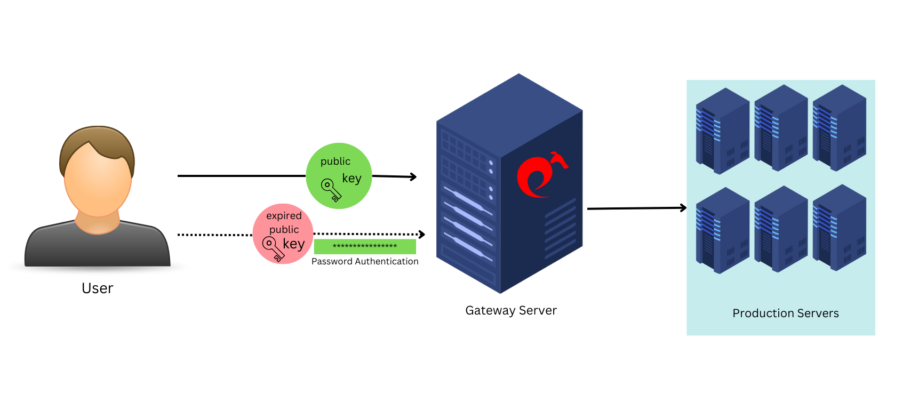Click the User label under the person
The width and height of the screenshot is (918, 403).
pos(97,288)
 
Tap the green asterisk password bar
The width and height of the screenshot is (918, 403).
pos(365,246)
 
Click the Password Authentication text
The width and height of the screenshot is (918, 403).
pos(365,261)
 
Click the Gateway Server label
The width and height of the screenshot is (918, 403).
pos(511,310)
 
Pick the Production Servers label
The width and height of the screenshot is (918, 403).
pos(785,313)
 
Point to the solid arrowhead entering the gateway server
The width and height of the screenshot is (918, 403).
pos(413,177)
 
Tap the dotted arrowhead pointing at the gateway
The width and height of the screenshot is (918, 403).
pos(422,235)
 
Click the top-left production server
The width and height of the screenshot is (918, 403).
pos(722,131)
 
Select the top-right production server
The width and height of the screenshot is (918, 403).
pos(839,128)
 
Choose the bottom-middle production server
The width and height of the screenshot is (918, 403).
pos(781,229)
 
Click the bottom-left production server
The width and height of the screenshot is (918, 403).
pos(722,231)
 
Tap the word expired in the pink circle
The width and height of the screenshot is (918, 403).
pos(284,216)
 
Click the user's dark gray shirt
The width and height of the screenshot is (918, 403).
pos(97,248)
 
